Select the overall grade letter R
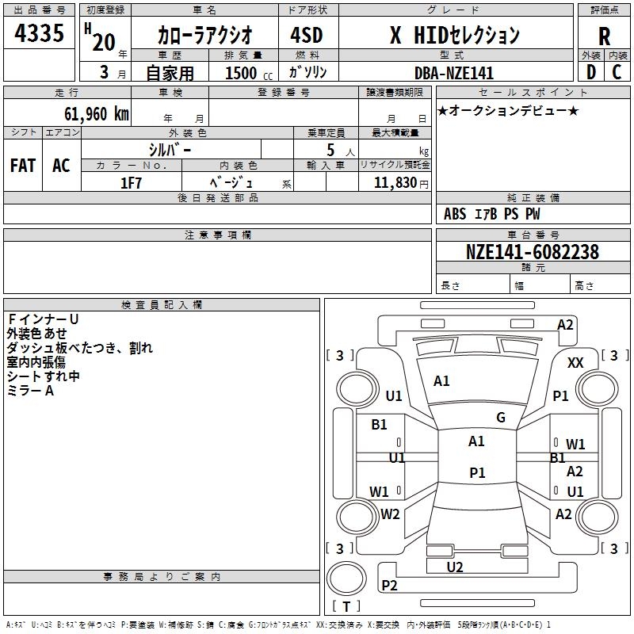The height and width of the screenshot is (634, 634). pyautogui.click(x=604, y=36)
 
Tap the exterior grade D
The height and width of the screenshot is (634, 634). pyautogui.click(x=590, y=72)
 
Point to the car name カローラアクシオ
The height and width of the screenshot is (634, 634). pyautogui.click(x=205, y=35)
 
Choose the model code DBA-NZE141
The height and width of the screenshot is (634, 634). pyautogui.click(x=454, y=73)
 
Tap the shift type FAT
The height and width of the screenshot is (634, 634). pyautogui.click(x=23, y=166)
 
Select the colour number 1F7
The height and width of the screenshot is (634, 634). pyautogui.click(x=131, y=182)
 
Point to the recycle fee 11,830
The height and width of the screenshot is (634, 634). pyautogui.click(x=394, y=182)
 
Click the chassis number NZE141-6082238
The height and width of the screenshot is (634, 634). pyautogui.click(x=533, y=252)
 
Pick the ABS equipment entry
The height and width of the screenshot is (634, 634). pyautogui.click(x=455, y=214)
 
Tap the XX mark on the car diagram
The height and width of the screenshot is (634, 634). pyautogui.click(x=576, y=362)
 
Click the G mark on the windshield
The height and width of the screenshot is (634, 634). pyautogui.click(x=500, y=418)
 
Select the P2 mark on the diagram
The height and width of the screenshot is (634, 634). pyautogui.click(x=389, y=585)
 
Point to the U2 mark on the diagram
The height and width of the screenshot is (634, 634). pyautogui.click(x=455, y=567)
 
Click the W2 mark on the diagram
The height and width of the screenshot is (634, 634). pyautogui.click(x=390, y=514)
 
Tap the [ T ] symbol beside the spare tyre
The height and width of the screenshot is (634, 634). pyautogui.click(x=346, y=606)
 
